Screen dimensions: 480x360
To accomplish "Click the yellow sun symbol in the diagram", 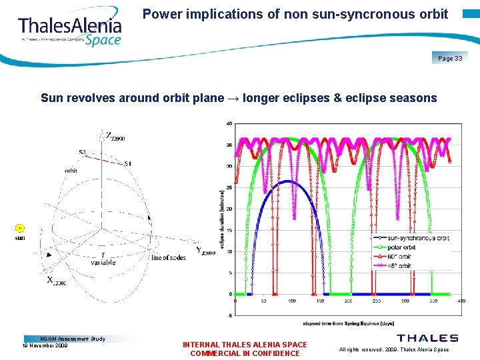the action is pyautogui.click(x=20, y=229).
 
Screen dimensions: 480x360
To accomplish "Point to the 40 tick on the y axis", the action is pyautogui.click(x=229, y=123).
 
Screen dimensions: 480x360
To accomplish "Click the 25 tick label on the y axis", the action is pyautogui.click(x=229, y=187).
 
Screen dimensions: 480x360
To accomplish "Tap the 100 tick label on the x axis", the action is pyautogui.click(x=292, y=301).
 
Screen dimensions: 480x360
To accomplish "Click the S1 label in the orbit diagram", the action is pyautogui.click(x=128, y=163).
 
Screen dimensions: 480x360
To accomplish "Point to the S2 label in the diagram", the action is pyautogui.click(x=82, y=153).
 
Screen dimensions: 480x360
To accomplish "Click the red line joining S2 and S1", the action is pyautogui.click(x=105, y=159).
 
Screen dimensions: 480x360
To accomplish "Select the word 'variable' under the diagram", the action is pyautogui.click(x=103, y=263).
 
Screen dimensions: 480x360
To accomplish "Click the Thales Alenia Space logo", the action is pyautogui.click(x=70, y=30).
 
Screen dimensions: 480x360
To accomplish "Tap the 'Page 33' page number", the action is pyautogui.click(x=450, y=59).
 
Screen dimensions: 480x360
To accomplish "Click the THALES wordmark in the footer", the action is pyautogui.click(x=427, y=339).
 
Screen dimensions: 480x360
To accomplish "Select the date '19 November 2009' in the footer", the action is pyautogui.click(x=45, y=345).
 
